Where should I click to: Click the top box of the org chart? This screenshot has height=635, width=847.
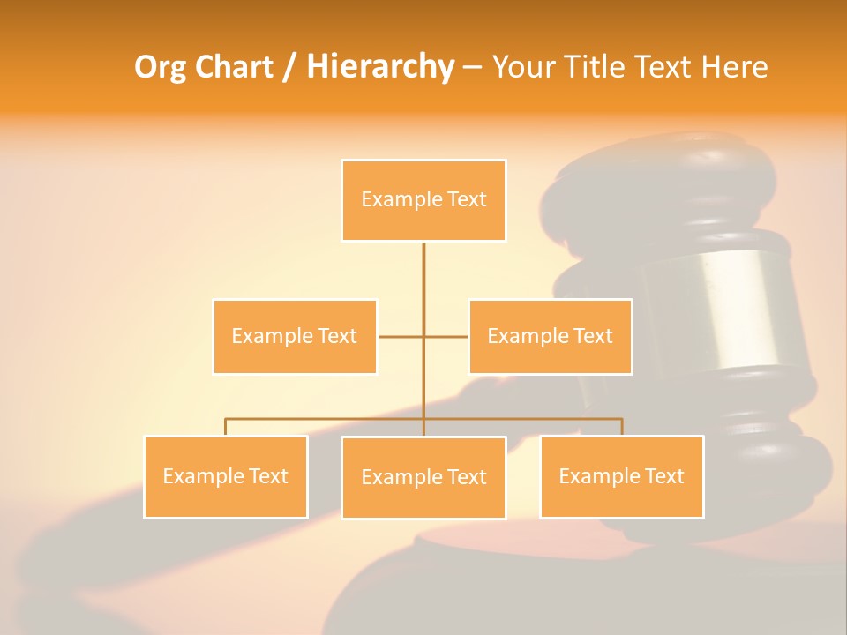point(423,200)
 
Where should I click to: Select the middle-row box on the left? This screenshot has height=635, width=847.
point(295,336)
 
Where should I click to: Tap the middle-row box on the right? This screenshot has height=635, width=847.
point(550,336)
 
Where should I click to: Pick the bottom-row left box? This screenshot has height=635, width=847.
point(226,476)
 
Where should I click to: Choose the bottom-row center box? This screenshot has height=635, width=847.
point(423,477)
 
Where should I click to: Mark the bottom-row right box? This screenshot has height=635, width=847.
point(621,476)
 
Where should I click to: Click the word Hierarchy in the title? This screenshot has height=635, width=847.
point(380,67)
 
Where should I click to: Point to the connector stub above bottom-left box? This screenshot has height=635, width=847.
point(226,427)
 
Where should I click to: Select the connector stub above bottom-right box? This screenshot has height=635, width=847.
point(621,427)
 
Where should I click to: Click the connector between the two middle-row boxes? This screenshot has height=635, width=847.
point(423,336)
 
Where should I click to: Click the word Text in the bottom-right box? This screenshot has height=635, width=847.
point(665,476)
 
